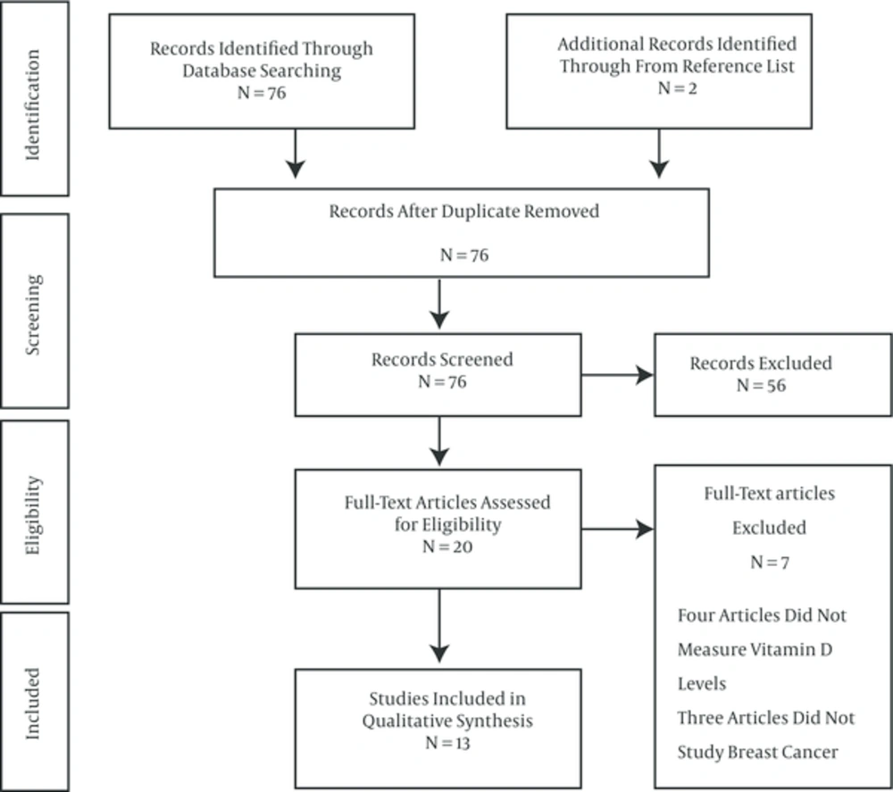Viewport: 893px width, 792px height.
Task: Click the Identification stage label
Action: pyautogui.click(x=32, y=104)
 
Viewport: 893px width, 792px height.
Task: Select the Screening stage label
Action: pyautogui.click(x=32, y=315)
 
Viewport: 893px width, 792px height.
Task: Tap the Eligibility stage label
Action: pyautogui.click(x=32, y=515)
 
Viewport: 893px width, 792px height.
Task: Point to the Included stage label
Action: pyautogui.click(x=32, y=704)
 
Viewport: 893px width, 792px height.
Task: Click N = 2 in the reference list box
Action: pyautogui.click(x=677, y=88)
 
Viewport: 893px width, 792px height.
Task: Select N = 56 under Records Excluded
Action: pyautogui.click(x=761, y=386)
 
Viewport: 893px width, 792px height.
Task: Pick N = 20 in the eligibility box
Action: pyautogui.click(x=447, y=546)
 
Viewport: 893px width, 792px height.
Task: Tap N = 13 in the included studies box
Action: pyautogui.click(x=447, y=743)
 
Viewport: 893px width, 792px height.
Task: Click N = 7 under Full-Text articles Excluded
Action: pyautogui.click(x=770, y=563)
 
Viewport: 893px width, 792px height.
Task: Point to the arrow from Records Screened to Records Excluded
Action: pyautogui.click(x=617, y=375)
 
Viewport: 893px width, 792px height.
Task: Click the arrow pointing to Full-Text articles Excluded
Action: pyautogui.click(x=617, y=529)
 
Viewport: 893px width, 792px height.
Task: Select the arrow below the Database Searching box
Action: pyautogui.click(x=295, y=154)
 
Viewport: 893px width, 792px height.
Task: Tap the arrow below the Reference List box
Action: pyautogui.click(x=659, y=154)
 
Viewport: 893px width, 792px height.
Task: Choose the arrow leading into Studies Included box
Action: pyautogui.click(x=439, y=626)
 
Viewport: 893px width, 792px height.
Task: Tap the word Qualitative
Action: pyautogui.click(x=404, y=721)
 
